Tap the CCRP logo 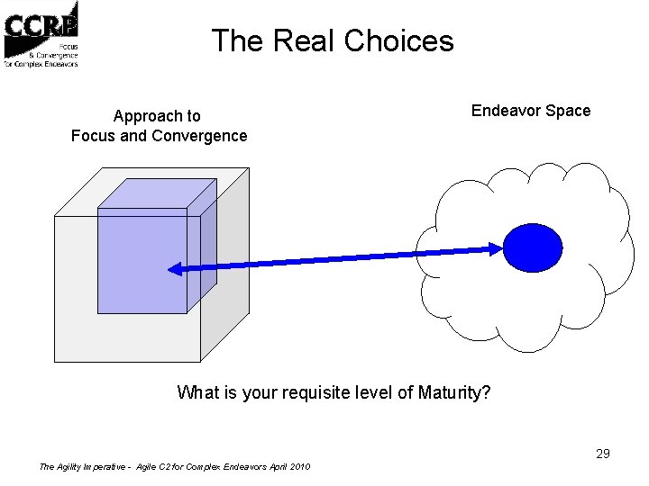[41, 34]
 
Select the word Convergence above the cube [200, 136]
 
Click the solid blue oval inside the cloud [532, 247]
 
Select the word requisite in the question [315, 392]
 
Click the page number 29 [603, 454]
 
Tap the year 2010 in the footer [299, 467]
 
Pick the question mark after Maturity [487, 392]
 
